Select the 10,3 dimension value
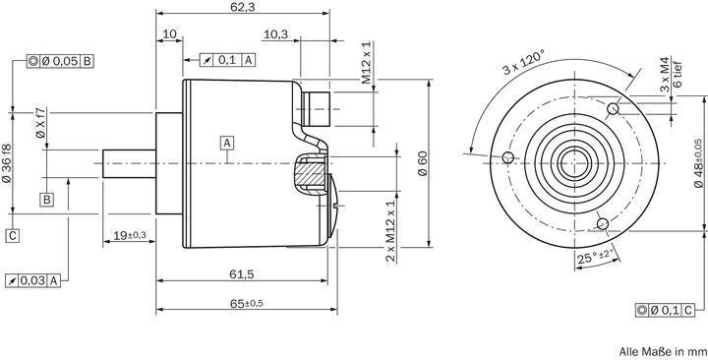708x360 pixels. tap(276, 34)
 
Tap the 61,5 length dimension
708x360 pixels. tap(242, 272)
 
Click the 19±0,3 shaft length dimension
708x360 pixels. tap(129, 235)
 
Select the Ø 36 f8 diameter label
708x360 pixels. tap(9, 160)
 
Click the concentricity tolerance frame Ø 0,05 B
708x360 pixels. tap(61, 61)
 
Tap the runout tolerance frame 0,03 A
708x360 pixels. tap(34, 281)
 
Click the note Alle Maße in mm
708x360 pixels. tap(663, 350)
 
